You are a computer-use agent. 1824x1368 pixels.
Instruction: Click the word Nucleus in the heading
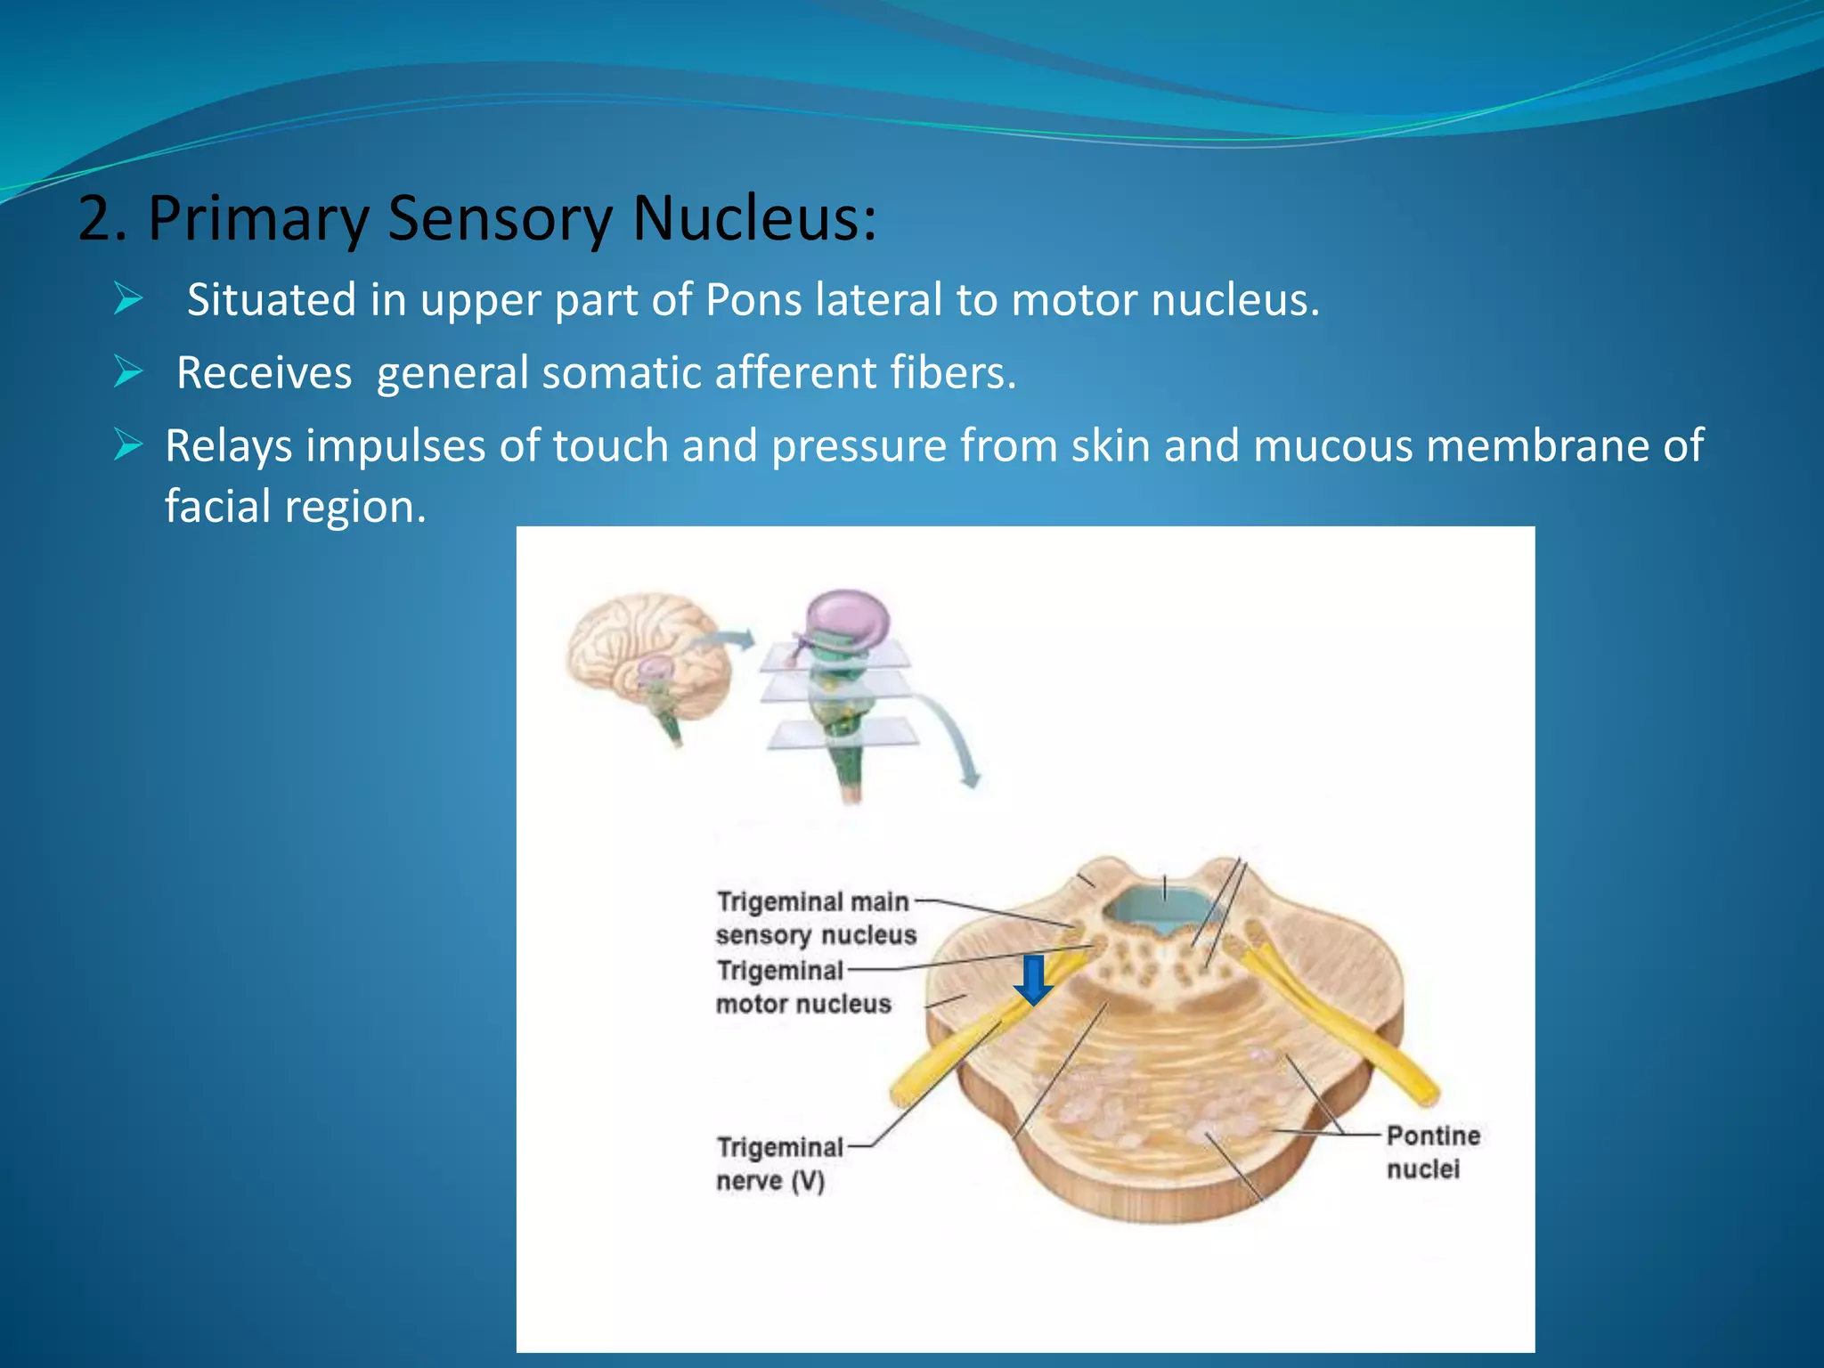(753, 218)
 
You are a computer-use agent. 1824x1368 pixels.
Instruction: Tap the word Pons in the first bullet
(753, 300)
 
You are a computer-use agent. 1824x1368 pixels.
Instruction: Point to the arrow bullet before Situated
(128, 299)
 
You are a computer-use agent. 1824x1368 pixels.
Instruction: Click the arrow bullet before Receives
(128, 372)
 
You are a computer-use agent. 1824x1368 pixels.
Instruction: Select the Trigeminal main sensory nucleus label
(815, 918)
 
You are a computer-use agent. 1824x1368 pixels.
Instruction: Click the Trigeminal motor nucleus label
(802, 988)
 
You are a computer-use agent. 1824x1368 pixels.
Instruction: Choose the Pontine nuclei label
(1432, 1152)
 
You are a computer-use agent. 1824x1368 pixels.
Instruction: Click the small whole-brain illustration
(648, 659)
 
